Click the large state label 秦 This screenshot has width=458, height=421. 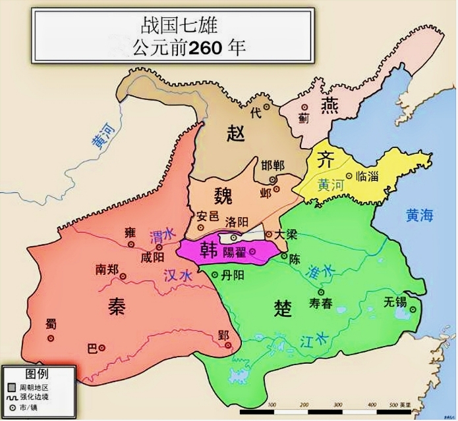(117, 305)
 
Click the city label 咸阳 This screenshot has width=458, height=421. (152, 257)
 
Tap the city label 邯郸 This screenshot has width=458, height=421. (272, 165)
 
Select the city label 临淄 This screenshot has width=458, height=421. (366, 176)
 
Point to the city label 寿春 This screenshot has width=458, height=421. (322, 303)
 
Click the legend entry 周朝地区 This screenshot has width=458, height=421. (35, 385)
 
